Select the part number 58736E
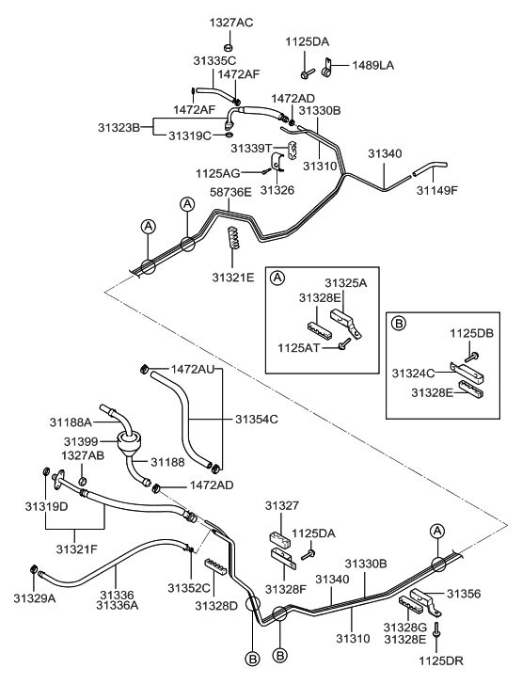point(230,192)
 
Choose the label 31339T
point(252,148)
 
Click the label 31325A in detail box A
point(346,282)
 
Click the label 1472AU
point(194,369)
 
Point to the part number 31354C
point(257,419)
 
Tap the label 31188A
point(71,423)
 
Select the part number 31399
point(81,441)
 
